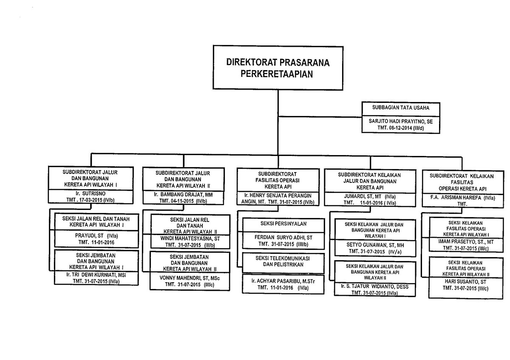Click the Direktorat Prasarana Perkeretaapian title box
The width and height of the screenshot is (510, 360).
point(278,68)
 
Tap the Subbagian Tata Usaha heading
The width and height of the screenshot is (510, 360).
point(401,108)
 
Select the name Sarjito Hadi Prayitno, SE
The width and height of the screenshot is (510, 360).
point(401,122)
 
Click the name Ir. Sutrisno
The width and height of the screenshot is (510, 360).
point(91,193)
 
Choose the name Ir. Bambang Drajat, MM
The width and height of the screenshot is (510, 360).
point(183,195)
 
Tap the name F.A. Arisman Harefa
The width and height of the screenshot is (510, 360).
point(455,198)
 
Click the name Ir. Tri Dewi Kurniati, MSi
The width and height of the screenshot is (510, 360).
point(96,275)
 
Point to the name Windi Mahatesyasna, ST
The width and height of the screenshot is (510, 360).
point(190,238)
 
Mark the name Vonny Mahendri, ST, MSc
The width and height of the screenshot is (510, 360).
point(190,278)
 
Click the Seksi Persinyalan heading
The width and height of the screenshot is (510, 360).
point(283,224)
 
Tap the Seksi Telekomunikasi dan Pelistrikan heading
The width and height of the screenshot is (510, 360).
point(283,261)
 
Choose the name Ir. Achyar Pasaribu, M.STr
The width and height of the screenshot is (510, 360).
point(283,281)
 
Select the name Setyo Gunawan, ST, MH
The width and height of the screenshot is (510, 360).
point(375,245)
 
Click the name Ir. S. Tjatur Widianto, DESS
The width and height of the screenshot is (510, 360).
point(375,286)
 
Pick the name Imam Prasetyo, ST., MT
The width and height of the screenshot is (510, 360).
point(466,241)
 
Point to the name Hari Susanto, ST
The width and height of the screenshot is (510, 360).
point(465,282)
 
